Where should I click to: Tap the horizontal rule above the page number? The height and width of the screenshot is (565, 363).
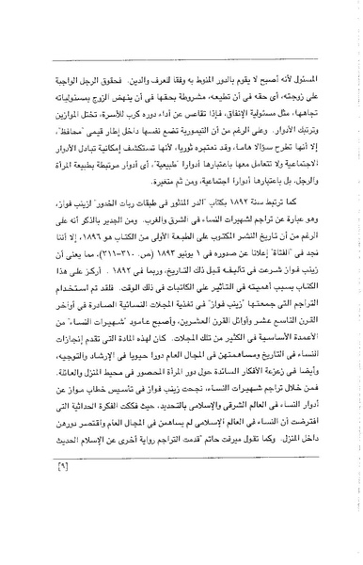[182, 503]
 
